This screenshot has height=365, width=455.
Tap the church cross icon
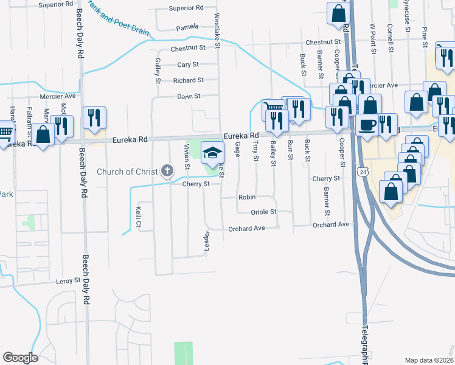point(168,171)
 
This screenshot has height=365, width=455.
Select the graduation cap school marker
point(213,152)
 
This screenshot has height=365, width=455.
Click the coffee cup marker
point(367,124)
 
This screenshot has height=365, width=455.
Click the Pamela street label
point(187,28)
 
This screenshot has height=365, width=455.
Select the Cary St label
point(188,64)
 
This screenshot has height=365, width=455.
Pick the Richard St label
point(188,80)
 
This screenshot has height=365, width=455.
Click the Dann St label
point(189,96)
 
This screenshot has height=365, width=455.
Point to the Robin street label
point(246,198)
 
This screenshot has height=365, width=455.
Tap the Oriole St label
point(264,212)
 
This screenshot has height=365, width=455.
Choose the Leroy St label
point(68,281)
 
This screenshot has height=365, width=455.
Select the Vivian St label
point(187,158)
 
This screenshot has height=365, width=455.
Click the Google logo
point(20,358)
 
